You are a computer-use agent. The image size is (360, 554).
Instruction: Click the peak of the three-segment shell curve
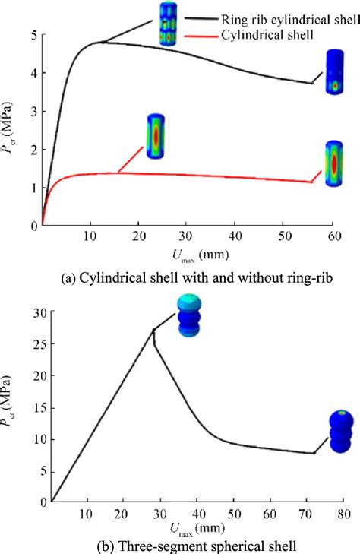coord(153,330)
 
